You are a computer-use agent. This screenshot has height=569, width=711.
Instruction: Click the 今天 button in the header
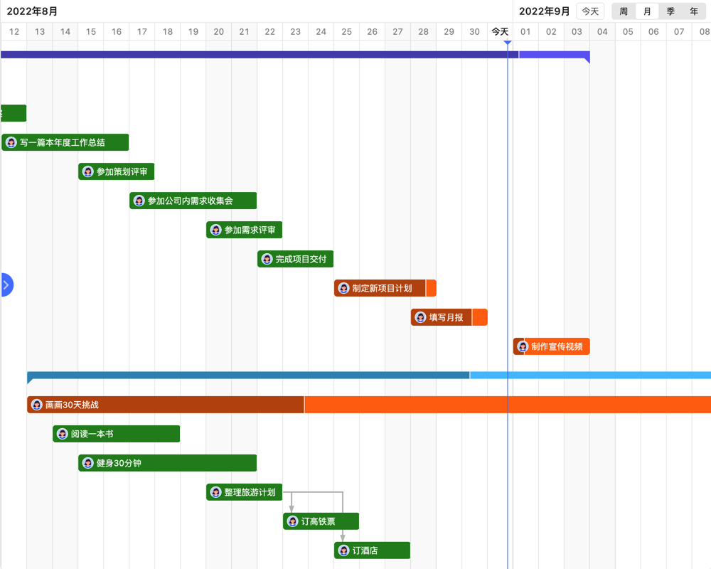click(590, 11)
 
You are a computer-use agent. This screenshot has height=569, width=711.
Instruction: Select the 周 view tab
click(624, 11)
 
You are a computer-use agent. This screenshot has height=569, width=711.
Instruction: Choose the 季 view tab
click(670, 11)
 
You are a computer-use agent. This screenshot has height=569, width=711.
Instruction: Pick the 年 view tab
click(694, 11)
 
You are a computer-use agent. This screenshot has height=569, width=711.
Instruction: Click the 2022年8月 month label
click(33, 11)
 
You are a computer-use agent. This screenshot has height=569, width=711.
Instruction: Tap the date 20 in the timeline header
click(218, 31)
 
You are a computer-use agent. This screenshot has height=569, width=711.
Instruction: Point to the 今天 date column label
click(500, 31)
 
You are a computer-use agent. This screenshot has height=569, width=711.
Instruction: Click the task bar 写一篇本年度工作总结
click(65, 142)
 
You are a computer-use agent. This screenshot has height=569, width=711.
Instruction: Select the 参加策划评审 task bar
click(117, 171)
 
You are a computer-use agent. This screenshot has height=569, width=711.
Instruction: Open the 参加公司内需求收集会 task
click(193, 201)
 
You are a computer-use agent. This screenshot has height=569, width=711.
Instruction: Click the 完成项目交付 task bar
click(295, 259)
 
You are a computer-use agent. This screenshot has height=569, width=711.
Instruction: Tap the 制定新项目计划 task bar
click(385, 288)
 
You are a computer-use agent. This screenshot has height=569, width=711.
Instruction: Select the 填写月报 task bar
click(449, 317)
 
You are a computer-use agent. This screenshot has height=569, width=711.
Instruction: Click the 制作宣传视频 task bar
click(552, 346)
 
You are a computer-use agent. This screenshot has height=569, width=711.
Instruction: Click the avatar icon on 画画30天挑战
click(37, 405)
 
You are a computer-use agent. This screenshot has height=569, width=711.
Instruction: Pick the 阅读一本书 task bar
click(116, 434)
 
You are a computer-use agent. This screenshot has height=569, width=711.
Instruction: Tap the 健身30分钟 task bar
click(167, 463)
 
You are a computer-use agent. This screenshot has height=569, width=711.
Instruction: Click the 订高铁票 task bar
click(321, 521)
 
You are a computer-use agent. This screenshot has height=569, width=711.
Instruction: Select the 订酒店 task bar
click(372, 551)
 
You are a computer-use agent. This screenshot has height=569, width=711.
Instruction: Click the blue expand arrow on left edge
click(6, 285)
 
